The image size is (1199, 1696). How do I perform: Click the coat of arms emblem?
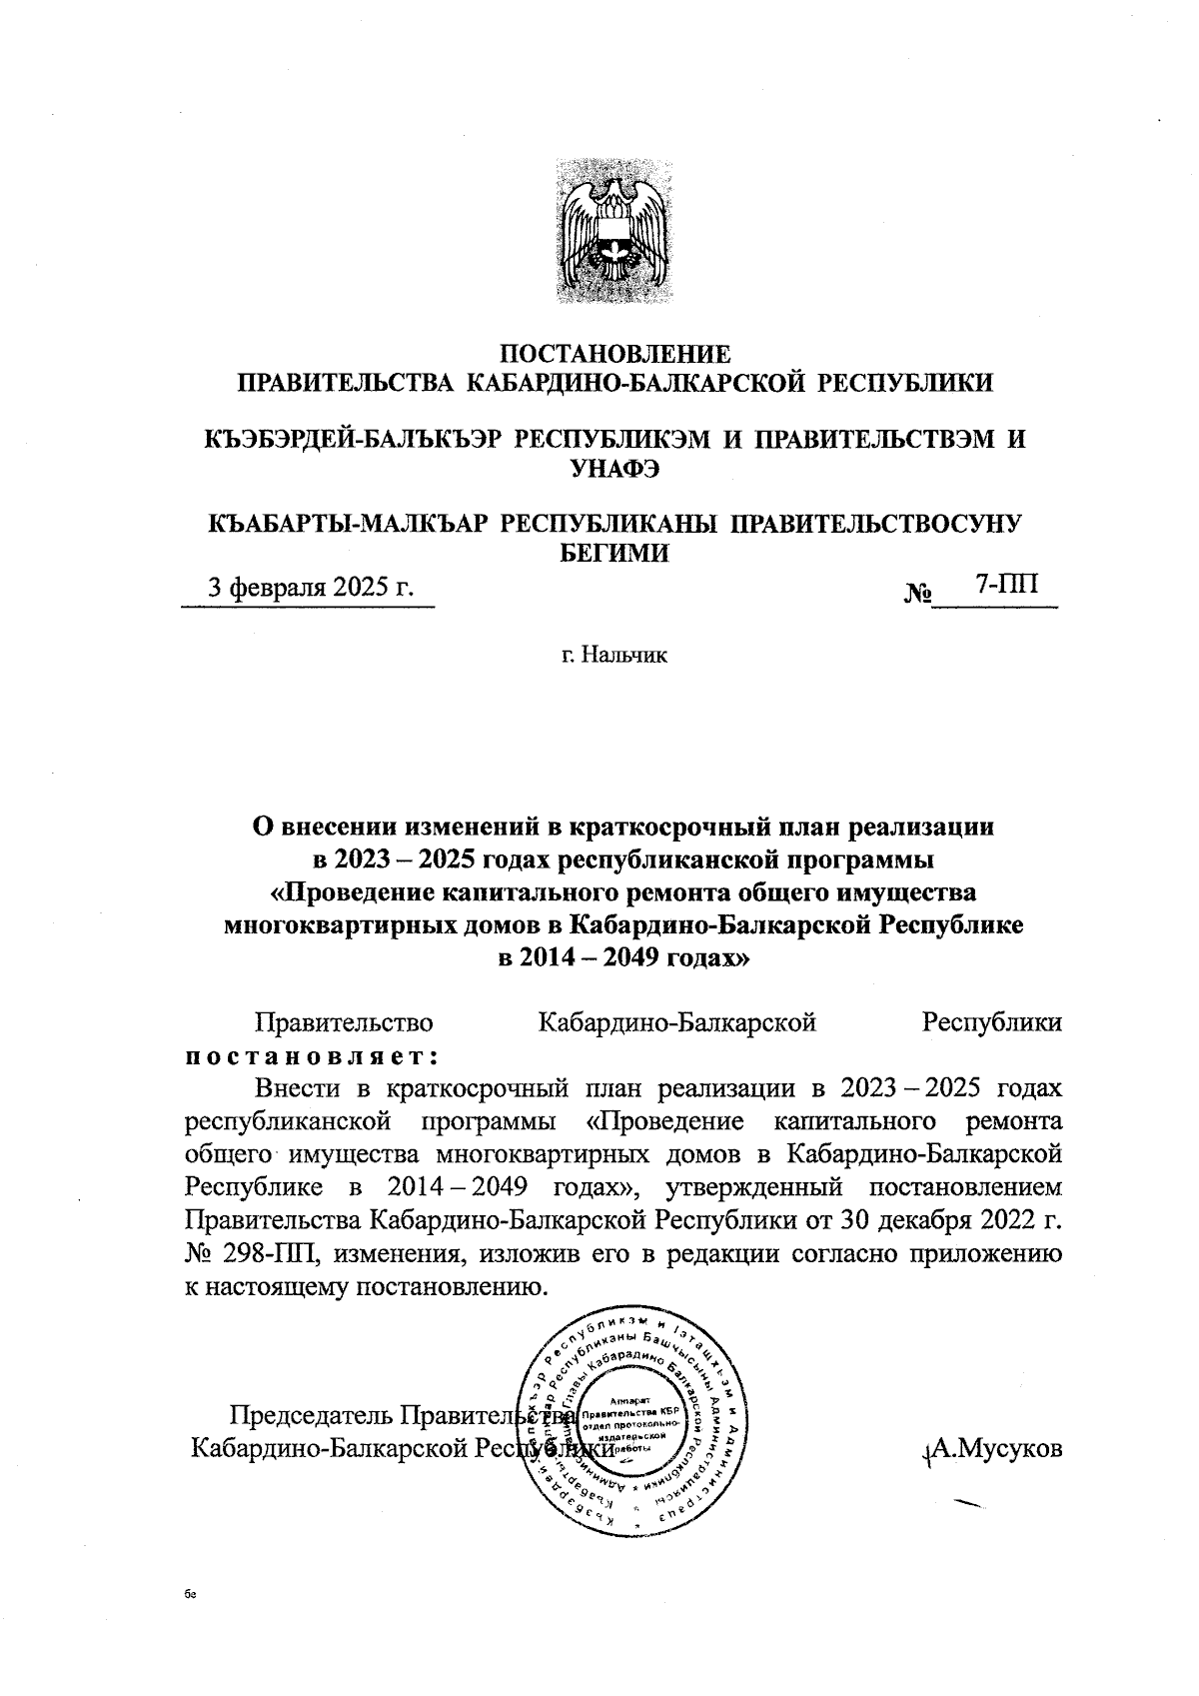click(612, 237)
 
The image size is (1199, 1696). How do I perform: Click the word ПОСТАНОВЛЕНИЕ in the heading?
click(614, 354)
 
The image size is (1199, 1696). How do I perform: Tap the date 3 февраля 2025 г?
click(310, 588)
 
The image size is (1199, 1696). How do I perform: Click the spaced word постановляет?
click(314, 1055)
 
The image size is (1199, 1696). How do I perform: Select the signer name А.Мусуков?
click(995, 1448)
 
